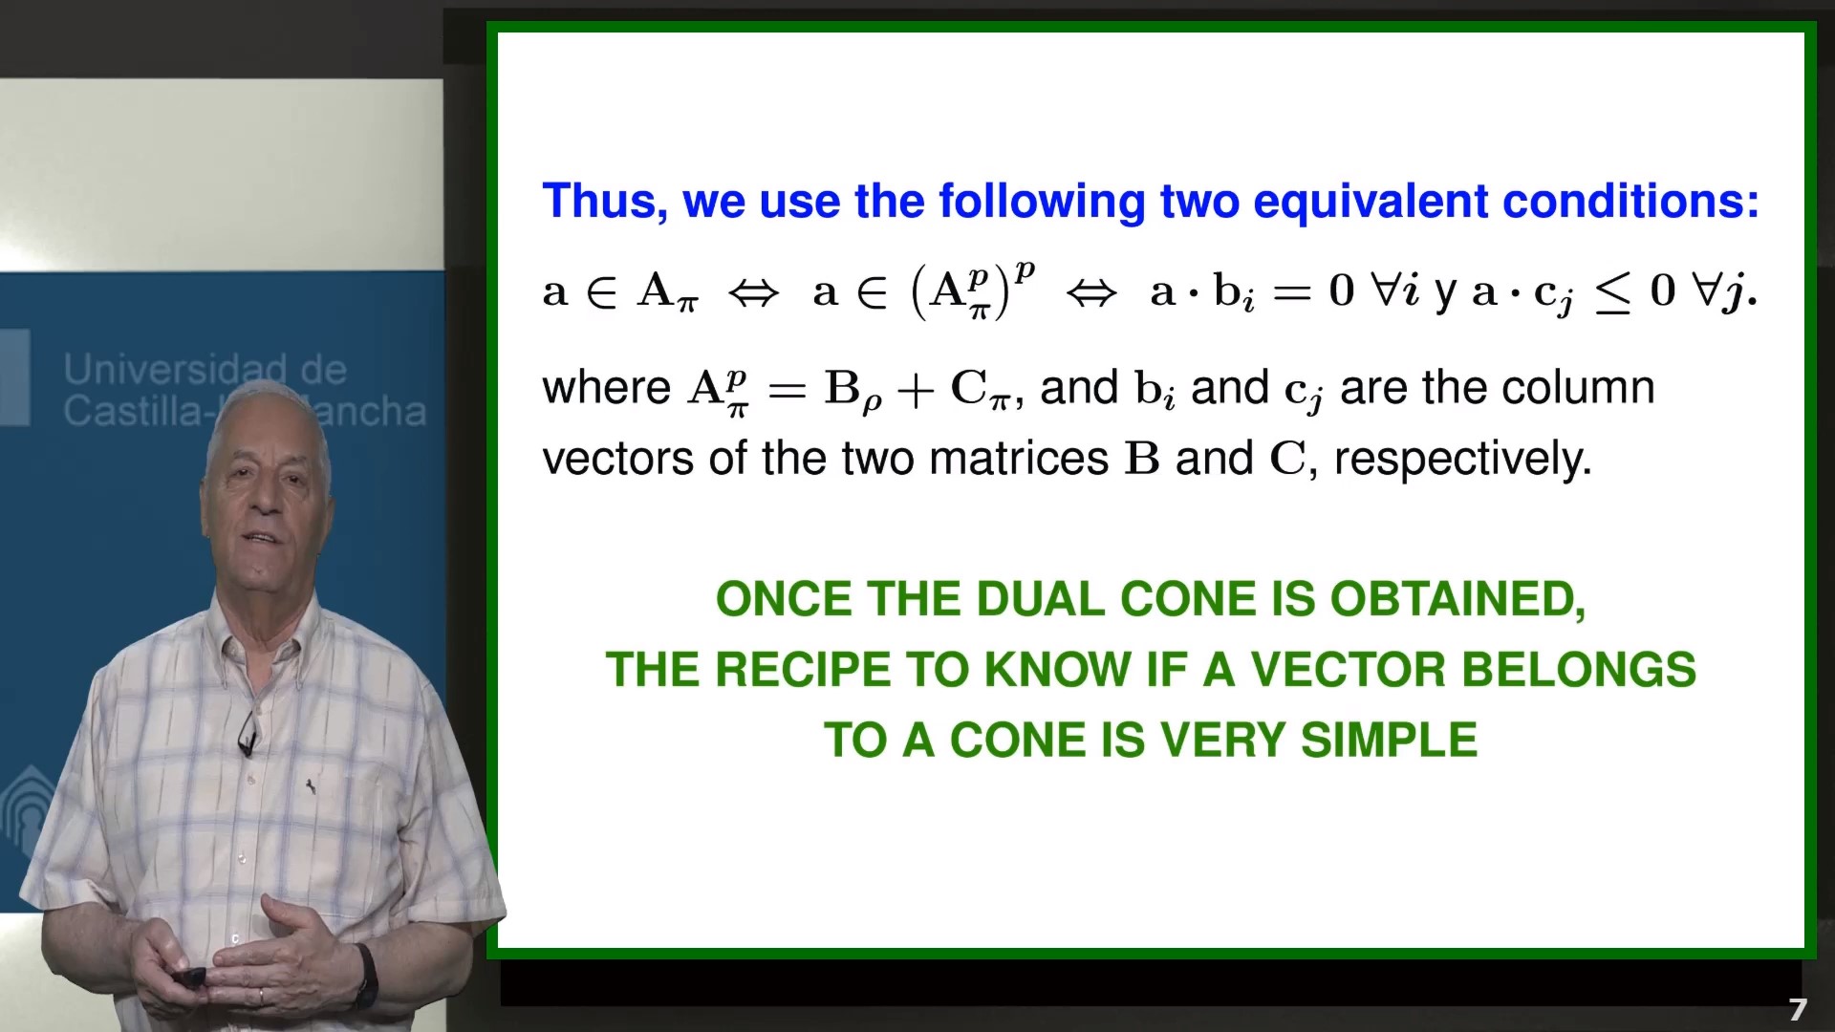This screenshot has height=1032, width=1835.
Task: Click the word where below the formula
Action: [607, 388]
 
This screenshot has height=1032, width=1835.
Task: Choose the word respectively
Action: [1462, 459]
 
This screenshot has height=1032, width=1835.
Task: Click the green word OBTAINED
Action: [1457, 600]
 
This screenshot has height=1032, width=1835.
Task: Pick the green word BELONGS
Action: [1579, 670]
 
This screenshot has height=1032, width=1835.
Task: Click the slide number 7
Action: [1798, 1010]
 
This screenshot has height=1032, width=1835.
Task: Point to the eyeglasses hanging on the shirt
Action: [248, 733]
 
